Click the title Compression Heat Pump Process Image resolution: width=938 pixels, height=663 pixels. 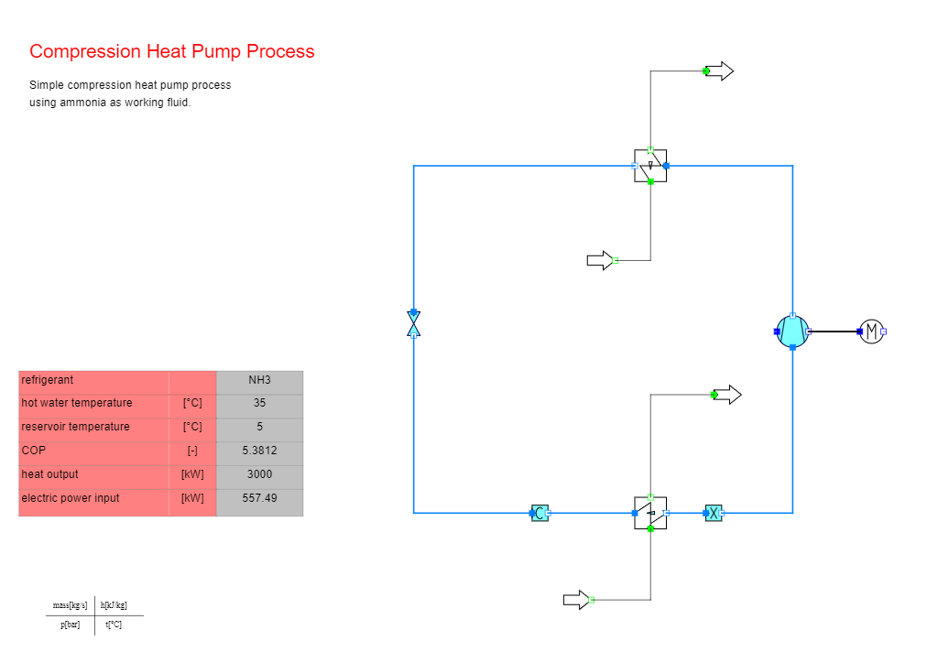(x=171, y=51)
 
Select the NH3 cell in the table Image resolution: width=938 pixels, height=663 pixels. (x=259, y=380)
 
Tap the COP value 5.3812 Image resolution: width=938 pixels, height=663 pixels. (x=259, y=451)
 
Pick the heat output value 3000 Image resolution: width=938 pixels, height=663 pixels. (x=259, y=474)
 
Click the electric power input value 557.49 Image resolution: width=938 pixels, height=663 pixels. (x=259, y=498)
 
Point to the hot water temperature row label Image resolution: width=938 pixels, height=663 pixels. (x=77, y=403)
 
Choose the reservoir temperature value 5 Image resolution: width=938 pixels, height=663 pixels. (x=259, y=427)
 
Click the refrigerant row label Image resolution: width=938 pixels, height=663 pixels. (x=48, y=380)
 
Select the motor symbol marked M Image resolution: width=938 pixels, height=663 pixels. (x=872, y=331)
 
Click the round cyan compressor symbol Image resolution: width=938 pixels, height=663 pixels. (x=792, y=331)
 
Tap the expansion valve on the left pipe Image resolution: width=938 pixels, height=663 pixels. (x=413, y=324)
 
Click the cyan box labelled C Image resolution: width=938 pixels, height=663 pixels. (x=540, y=513)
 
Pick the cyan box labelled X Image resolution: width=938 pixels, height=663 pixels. (x=714, y=513)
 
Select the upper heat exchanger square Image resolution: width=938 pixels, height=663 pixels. (x=650, y=166)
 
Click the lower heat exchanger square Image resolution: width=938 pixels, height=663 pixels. (x=650, y=513)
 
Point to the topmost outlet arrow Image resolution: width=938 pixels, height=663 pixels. (x=719, y=71)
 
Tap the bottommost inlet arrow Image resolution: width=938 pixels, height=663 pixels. (x=577, y=600)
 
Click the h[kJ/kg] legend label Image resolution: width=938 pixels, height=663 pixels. (x=114, y=605)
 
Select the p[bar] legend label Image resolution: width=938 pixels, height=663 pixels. (x=70, y=625)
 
